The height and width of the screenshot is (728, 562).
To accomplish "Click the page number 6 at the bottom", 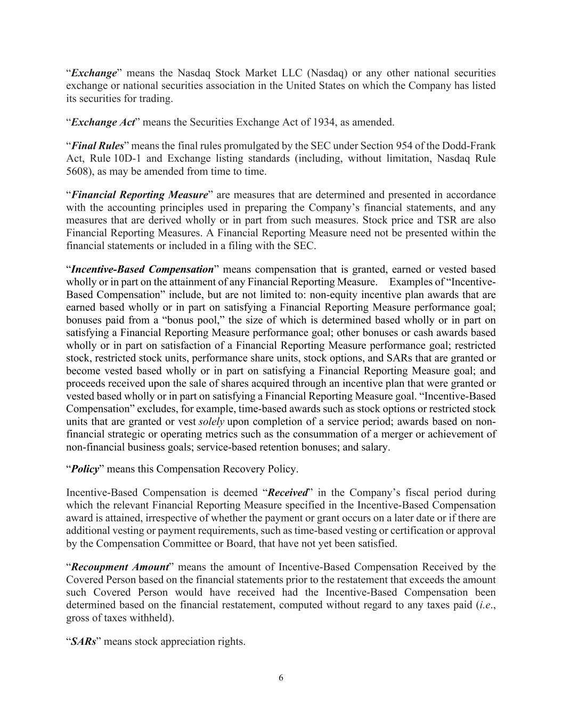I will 281,678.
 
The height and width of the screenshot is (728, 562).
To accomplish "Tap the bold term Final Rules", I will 97,146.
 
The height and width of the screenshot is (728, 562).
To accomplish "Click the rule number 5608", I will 77,171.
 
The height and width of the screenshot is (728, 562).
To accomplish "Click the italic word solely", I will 211,421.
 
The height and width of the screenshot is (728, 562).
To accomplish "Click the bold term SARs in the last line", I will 84,641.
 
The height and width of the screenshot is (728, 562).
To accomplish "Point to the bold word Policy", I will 85,469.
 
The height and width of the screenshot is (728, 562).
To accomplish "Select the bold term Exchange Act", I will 103,122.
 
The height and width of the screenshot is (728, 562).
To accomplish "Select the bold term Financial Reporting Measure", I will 139,195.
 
